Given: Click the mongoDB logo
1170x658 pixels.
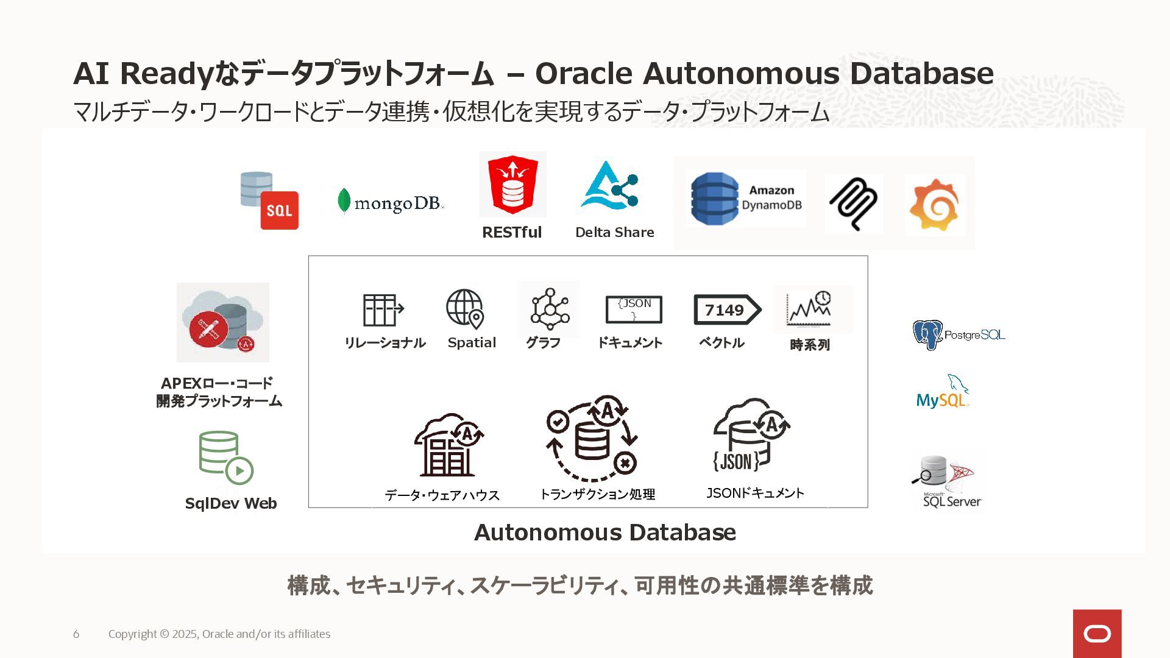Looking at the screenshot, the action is point(390,202).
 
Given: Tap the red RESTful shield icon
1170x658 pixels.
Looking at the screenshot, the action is point(512,184).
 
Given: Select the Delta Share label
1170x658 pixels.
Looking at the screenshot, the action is point(614,232).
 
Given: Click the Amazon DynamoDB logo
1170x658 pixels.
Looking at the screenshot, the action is point(746,199).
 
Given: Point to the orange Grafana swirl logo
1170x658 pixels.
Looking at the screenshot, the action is point(935,205).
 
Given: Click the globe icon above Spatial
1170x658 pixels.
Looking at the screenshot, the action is point(466,308).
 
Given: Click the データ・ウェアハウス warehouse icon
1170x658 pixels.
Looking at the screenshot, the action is point(448,445).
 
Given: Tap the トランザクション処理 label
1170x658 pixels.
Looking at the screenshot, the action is point(597,494).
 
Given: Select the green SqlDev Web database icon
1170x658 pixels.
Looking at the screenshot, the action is point(225,458).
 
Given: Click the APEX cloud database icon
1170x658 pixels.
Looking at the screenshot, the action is point(222,323).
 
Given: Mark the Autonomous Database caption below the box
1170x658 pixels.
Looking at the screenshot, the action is point(604,532).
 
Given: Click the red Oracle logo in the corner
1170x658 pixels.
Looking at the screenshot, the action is point(1097,634).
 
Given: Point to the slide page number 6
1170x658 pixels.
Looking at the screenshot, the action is point(76,634).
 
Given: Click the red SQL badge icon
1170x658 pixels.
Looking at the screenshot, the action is point(279,210).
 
